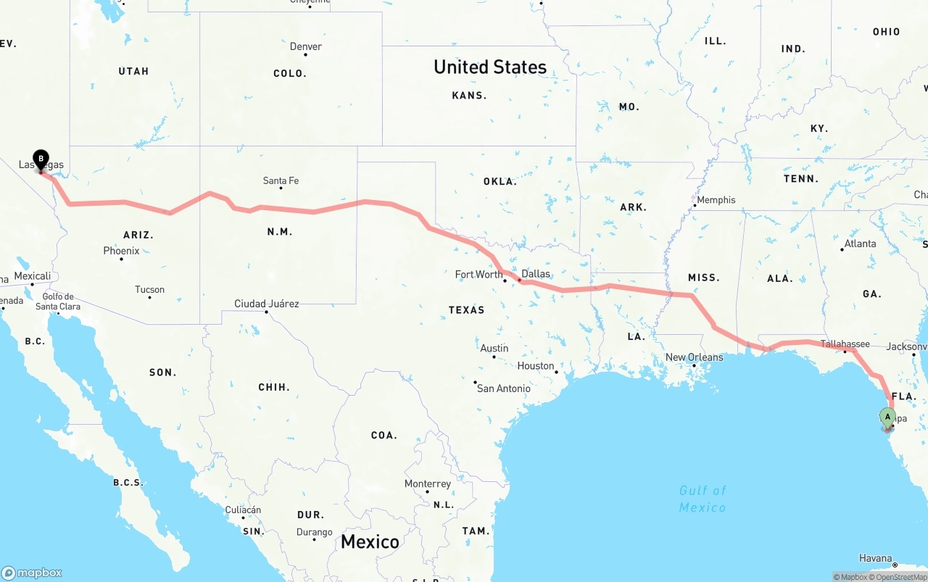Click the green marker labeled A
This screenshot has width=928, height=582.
tap(887, 417)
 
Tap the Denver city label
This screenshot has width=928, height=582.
tap(305, 46)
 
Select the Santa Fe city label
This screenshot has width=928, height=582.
tap(281, 180)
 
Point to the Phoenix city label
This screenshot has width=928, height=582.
tap(121, 251)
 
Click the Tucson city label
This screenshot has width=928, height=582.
tap(149, 290)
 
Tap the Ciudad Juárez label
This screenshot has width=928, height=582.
tap(266, 304)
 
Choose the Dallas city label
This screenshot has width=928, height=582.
tap(535, 274)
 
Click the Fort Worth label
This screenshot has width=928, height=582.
tap(478, 275)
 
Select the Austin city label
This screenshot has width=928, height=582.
tap(494, 349)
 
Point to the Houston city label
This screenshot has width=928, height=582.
tap(536, 366)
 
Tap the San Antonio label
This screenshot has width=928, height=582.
tap(503, 388)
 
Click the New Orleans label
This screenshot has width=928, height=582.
tap(694, 357)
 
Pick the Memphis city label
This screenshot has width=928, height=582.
tap(716, 200)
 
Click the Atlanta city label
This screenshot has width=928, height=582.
tap(860, 244)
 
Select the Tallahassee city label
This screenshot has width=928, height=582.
tap(845, 344)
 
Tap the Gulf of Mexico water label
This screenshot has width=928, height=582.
tap(703, 499)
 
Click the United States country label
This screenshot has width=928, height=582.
tap(490, 67)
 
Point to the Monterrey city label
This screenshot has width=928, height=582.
tap(428, 483)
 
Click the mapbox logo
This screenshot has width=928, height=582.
tap(32, 573)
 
